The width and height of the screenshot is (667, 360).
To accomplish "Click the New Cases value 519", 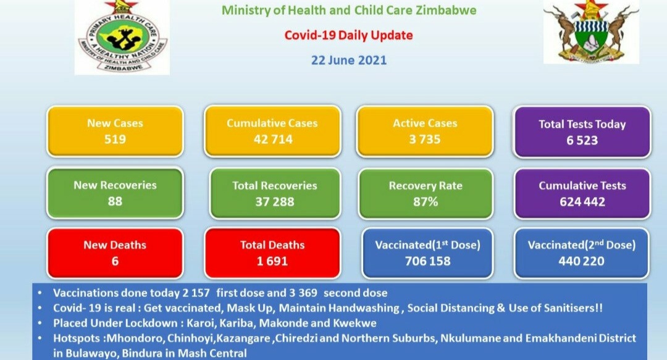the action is pos(115,139).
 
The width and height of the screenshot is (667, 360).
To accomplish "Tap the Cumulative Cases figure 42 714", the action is pos(273,139).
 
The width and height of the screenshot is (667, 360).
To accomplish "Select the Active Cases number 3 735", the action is pos(424,139).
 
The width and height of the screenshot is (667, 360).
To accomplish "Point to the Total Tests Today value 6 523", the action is pos(582,140).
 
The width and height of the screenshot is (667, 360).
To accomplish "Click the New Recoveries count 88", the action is pos(115,201).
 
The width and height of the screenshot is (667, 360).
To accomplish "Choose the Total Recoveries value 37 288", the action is pos(274,202).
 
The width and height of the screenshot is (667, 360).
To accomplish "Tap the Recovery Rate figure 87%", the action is pos(426,202).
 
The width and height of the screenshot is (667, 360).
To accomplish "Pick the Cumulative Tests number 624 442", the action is pos(582,202).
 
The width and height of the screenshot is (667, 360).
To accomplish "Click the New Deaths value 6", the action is pos(115,261).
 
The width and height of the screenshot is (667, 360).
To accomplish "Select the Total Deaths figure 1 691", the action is pos(272,261).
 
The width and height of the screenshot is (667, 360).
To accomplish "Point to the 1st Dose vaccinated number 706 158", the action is pos(427,261).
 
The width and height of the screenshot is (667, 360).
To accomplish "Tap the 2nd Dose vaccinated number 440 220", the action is pos(582,261).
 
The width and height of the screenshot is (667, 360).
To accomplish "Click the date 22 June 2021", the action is pos(349,60).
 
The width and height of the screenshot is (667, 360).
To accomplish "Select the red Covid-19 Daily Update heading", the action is pos(348,35).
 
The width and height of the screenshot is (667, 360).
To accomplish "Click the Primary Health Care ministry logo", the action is pos(122,38).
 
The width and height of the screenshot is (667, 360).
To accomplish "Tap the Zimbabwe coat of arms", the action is pos(591,32).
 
